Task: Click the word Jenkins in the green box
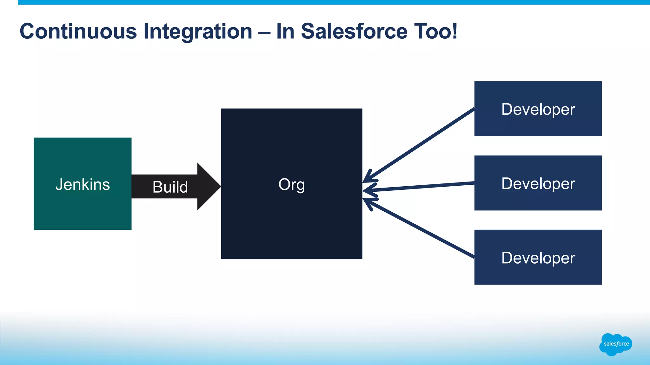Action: pos(83,184)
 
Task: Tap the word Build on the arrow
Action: pos(170,187)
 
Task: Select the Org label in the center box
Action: pos(291,184)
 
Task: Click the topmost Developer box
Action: pos(538,109)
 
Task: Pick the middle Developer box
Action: pos(538,183)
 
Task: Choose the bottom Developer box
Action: pos(538,257)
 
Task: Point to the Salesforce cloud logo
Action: pos(616,344)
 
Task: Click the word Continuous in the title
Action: pos(78,31)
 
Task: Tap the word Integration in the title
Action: pos(198,31)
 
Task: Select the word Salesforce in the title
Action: pos(354,31)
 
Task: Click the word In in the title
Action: pos(285,31)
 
